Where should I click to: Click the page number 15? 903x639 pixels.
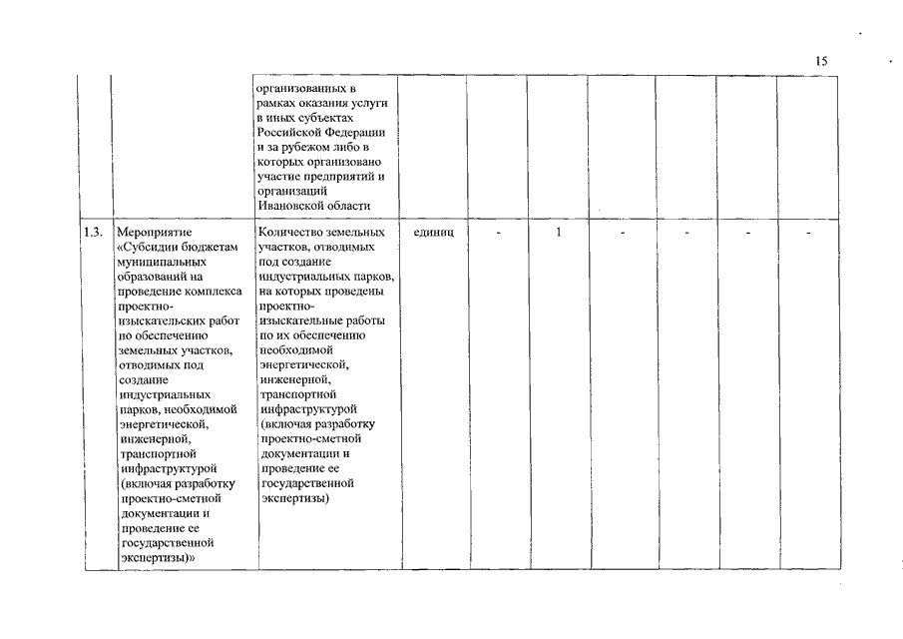(821, 62)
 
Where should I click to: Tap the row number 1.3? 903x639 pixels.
(94, 233)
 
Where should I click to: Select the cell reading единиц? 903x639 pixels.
(433, 233)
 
